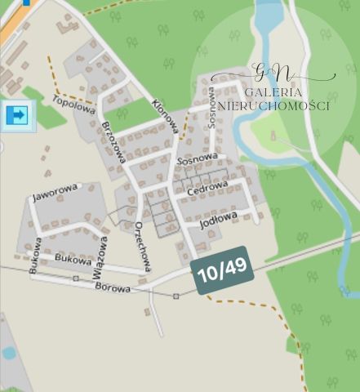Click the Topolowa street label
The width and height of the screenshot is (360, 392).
coord(73,105)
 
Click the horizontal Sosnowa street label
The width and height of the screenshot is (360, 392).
coord(197,157)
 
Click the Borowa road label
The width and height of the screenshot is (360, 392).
coord(113,287)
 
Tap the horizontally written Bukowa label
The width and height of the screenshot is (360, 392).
coord(71,258)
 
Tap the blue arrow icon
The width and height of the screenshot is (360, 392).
coord(16,115)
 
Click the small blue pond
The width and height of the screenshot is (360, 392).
coord(8,353)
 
